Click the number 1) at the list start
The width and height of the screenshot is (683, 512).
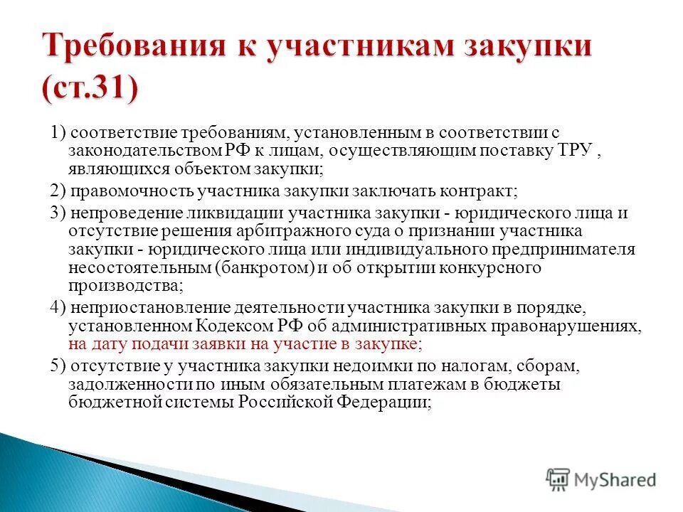(x=58, y=133)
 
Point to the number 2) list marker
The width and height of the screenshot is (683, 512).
(x=58, y=191)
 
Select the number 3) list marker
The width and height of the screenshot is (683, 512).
(x=58, y=213)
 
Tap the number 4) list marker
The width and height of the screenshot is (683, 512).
(x=58, y=308)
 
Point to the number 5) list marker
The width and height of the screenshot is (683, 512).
(x=58, y=366)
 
